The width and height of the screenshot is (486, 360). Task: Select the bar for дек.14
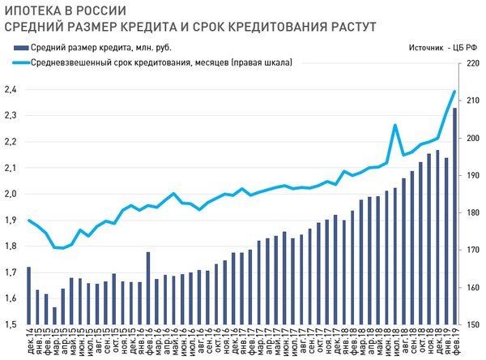click(x=28, y=296)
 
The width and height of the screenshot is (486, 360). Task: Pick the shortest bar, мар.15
click(x=54, y=316)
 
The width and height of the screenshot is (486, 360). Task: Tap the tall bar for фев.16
click(x=148, y=289)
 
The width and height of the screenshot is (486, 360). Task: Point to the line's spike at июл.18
click(x=394, y=125)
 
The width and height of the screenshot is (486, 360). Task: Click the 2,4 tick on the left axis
click(x=11, y=90)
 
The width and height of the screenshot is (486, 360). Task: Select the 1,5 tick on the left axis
click(x=11, y=325)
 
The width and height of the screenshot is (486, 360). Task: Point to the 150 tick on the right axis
click(x=472, y=325)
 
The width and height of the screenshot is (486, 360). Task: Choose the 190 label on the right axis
click(x=472, y=175)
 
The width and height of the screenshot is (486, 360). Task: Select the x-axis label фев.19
click(x=454, y=343)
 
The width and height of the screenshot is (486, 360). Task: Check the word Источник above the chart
click(x=417, y=48)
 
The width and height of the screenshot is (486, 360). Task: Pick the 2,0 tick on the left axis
click(x=11, y=195)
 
